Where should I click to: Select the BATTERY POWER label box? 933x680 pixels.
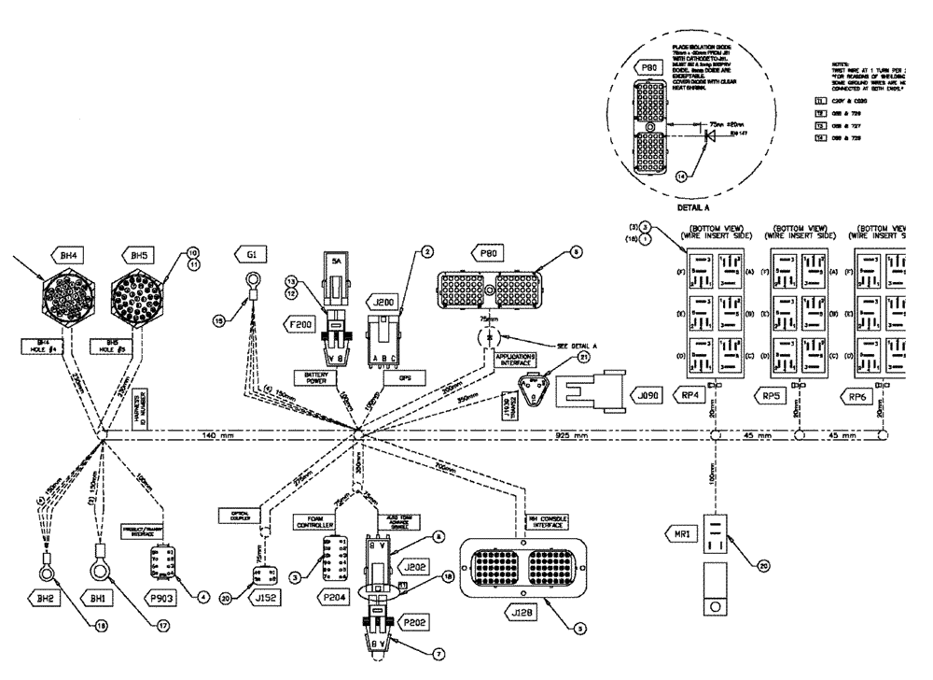click(x=333, y=375)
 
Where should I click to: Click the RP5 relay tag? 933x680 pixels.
click(x=773, y=394)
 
